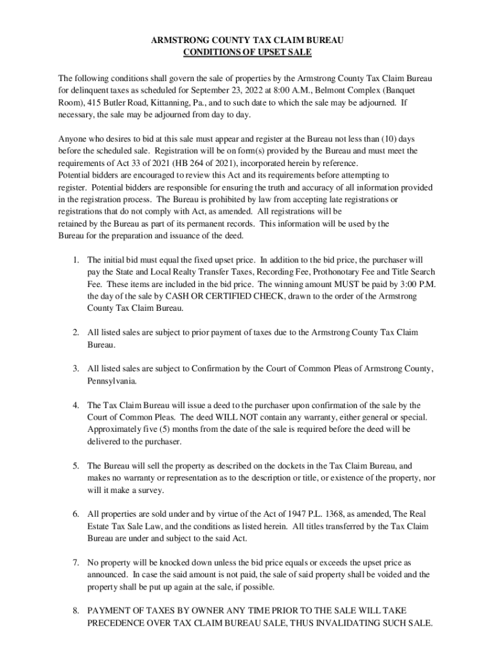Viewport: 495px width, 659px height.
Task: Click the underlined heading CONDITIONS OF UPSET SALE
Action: coord(248,53)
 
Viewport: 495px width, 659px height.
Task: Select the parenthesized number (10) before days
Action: coord(393,139)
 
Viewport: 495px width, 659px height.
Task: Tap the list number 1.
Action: coord(76,260)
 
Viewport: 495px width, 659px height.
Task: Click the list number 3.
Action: coord(76,369)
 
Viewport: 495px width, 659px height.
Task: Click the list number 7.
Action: coord(76,563)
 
